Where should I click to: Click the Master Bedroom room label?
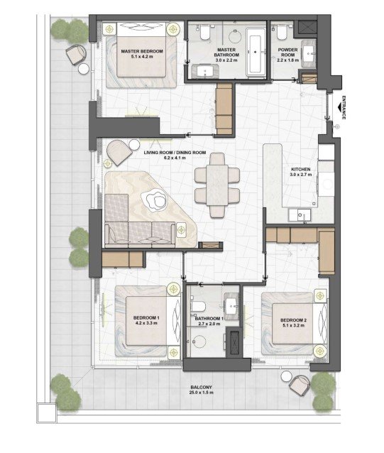click(x=142, y=51)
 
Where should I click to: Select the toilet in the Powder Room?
click(x=281, y=32)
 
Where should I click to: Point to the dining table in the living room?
click(x=216, y=185)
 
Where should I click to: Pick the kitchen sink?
click(x=300, y=215)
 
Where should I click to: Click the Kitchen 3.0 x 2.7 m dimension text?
click(x=301, y=175)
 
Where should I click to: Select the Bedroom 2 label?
click(x=293, y=320)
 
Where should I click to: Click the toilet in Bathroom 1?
click(x=198, y=306)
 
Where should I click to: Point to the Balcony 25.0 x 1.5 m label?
click(x=202, y=390)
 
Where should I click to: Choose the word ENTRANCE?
click(x=344, y=107)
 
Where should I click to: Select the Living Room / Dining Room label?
click(x=175, y=153)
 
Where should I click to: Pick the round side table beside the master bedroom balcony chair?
click(x=84, y=69)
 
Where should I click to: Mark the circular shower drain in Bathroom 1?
click(x=199, y=342)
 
